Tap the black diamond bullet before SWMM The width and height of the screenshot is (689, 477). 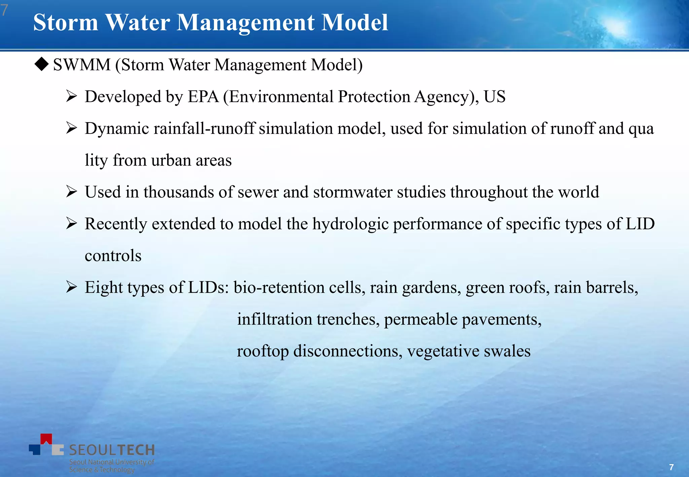pyautogui.click(x=42, y=64)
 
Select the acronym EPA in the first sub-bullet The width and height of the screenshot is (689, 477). pyautogui.click(x=203, y=97)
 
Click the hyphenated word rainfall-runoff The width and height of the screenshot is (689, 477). pyautogui.click(x=204, y=129)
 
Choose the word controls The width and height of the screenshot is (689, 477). pyautogui.click(x=113, y=256)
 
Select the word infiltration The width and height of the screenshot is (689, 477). pyautogui.click(x=274, y=319)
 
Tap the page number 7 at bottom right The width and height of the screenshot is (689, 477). pyautogui.click(x=671, y=467)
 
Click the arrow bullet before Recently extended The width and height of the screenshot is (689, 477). pyautogui.click(x=72, y=223)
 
